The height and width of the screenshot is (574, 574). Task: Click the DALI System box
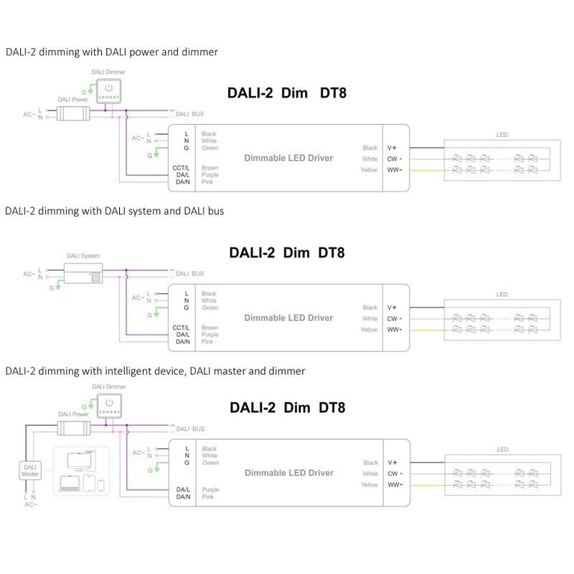[83, 273]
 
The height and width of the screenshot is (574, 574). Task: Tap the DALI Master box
[29, 471]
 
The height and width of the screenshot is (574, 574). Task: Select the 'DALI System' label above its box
[81, 256]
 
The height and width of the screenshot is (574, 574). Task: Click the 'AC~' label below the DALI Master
[29, 504]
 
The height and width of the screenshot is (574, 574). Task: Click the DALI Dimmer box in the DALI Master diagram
[110, 406]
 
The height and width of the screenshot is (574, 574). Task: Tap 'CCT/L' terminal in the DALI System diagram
[181, 327]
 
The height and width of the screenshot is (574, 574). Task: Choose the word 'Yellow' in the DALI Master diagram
[369, 485]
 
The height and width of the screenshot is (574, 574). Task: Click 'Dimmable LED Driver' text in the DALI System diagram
[288, 318]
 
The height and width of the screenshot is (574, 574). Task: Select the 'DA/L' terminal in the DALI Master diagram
[183, 489]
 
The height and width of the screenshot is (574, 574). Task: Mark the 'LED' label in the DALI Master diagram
[502, 450]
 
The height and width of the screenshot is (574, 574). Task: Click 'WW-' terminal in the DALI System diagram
[395, 329]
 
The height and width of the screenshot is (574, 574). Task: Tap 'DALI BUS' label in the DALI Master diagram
[191, 428]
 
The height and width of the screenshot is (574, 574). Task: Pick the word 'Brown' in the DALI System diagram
[210, 327]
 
